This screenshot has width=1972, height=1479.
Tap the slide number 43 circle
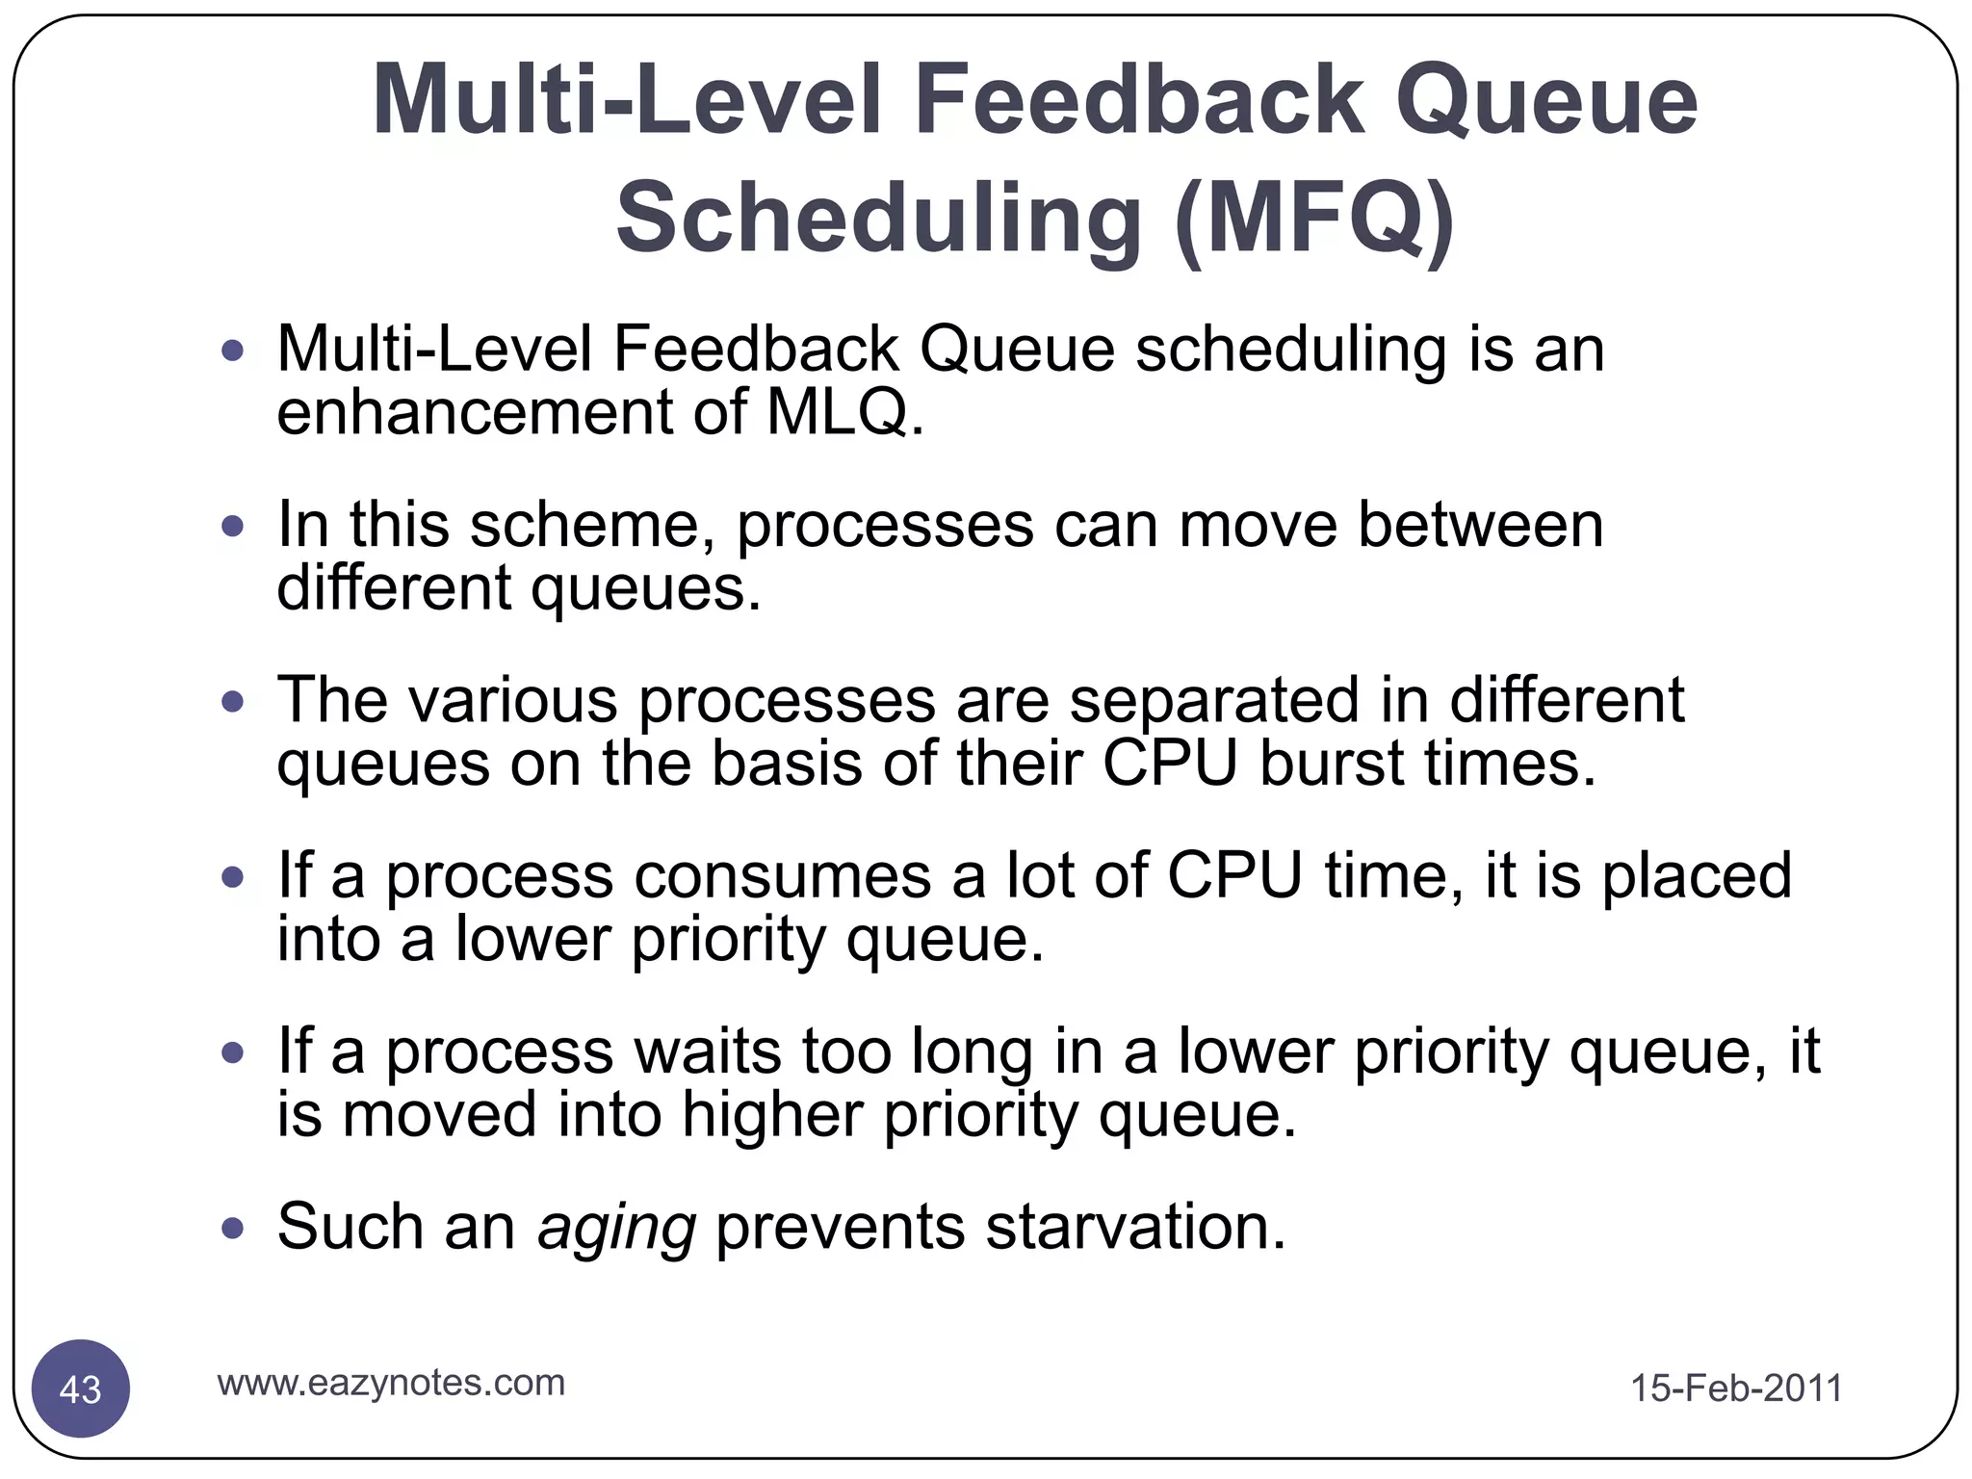(x=81, y=1388)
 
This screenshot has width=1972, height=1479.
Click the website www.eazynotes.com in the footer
(x=391, y=1383)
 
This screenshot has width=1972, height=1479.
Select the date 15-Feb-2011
(x=1736, y=1388)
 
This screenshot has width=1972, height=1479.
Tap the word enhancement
(x=474, y=412)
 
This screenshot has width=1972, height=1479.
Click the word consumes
(x=782, y=875)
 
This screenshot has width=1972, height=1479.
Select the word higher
(x=772, y=1115)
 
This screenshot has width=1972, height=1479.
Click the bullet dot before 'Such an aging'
(x=232, y=1229)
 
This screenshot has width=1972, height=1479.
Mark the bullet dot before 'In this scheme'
(x=232, y=527)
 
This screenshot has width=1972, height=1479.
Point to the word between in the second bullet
(x=1480, y=525)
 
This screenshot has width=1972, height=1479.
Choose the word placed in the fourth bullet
(x=1696, y=875)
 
